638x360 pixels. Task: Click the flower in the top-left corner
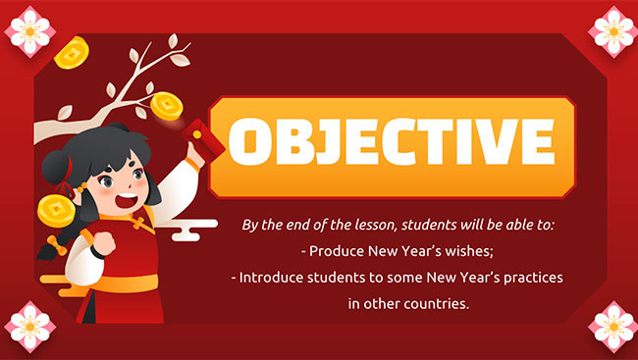pyautogui.click(x=27, y=26)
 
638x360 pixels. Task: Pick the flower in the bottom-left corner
pyautogui.click(x=27, y=332)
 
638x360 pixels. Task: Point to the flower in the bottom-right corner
pyautogui.click(x=611, y=332)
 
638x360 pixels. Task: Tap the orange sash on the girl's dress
pyautogui.click(x=123, y=284)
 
